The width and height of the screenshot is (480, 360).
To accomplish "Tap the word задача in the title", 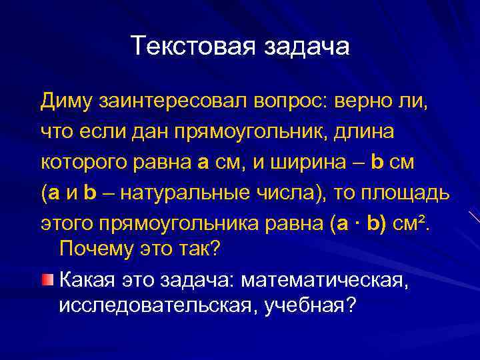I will click(x=307, y=46).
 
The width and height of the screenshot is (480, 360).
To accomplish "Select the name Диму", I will click(x=67, y=101).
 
